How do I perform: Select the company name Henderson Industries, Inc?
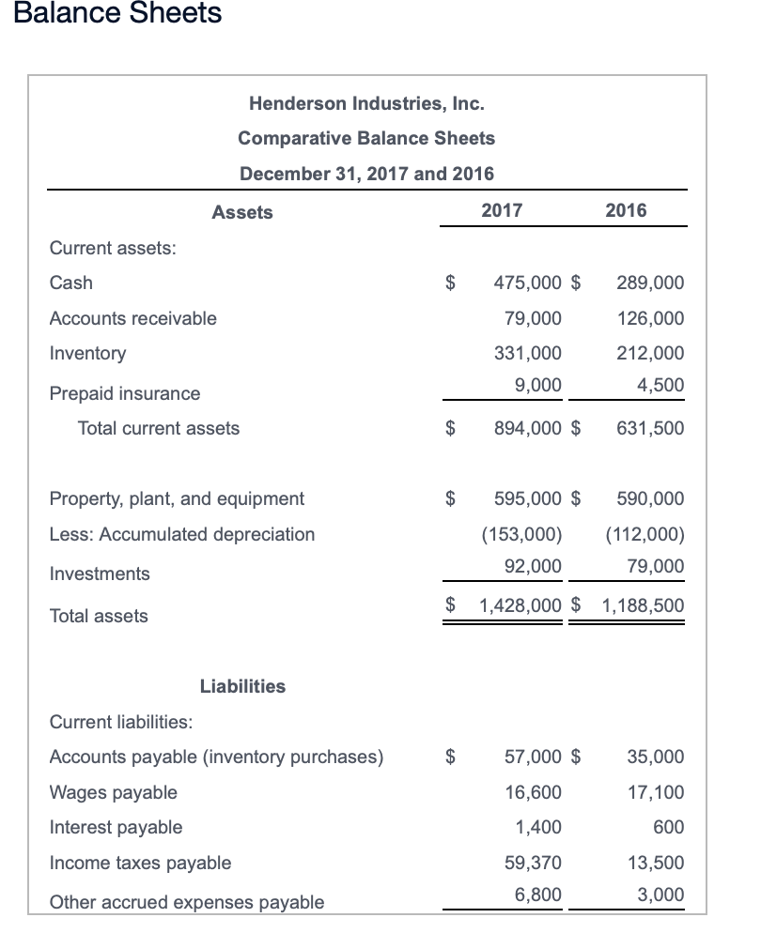(366, 102)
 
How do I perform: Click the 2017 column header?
(502, 210)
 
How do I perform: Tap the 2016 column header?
(626, 210)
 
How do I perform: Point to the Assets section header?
(242, 212)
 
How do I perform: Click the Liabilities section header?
(242, 686)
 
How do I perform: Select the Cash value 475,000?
(528, 283)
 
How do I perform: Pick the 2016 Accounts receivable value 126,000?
(650, 318)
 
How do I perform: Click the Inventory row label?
(87, 353)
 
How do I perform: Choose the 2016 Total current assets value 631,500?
(650, 428)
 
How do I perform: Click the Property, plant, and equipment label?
(177, 498)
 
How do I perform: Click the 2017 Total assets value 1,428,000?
(520, 605)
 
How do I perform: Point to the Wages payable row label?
(113, 792)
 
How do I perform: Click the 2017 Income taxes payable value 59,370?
(534, 863)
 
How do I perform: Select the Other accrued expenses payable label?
(186, 902)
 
